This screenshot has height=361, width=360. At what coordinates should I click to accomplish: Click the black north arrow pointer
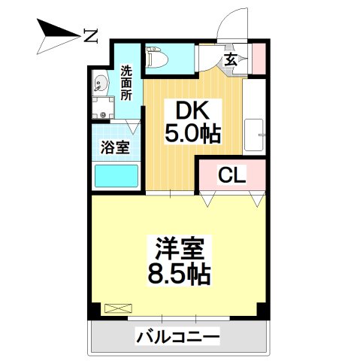(56, 33)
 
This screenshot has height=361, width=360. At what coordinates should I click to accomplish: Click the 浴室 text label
(115, 147)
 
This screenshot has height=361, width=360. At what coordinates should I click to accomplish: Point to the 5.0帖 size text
(192, 134)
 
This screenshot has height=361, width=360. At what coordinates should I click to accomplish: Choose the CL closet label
(231, 175)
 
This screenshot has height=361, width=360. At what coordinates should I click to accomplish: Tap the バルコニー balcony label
(177, 336)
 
